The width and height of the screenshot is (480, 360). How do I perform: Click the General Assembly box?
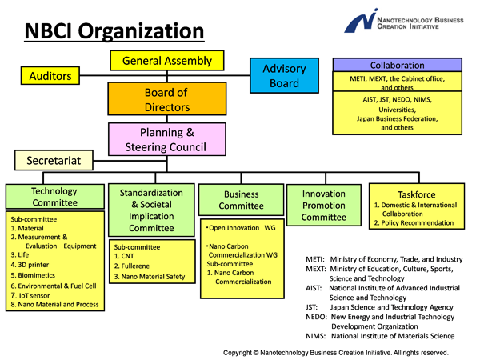[167, 61]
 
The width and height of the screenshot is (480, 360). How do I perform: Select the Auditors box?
[50, 77]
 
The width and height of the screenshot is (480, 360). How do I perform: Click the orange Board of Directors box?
[167, 100]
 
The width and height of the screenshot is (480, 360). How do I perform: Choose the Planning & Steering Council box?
[167, 139]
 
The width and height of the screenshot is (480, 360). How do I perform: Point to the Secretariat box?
[54, 161]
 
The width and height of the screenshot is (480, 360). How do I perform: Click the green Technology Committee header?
[54, 197]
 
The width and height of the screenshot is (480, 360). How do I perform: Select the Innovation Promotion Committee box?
[324, 206]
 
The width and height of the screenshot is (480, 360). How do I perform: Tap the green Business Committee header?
[241, 199]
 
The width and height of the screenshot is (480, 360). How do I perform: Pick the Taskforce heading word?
[416, 194]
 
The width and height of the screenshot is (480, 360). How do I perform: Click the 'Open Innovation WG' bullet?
[240, 228]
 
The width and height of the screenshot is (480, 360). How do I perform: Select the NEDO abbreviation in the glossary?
[317, 317]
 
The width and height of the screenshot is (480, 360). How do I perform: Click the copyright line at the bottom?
[336, 352]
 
